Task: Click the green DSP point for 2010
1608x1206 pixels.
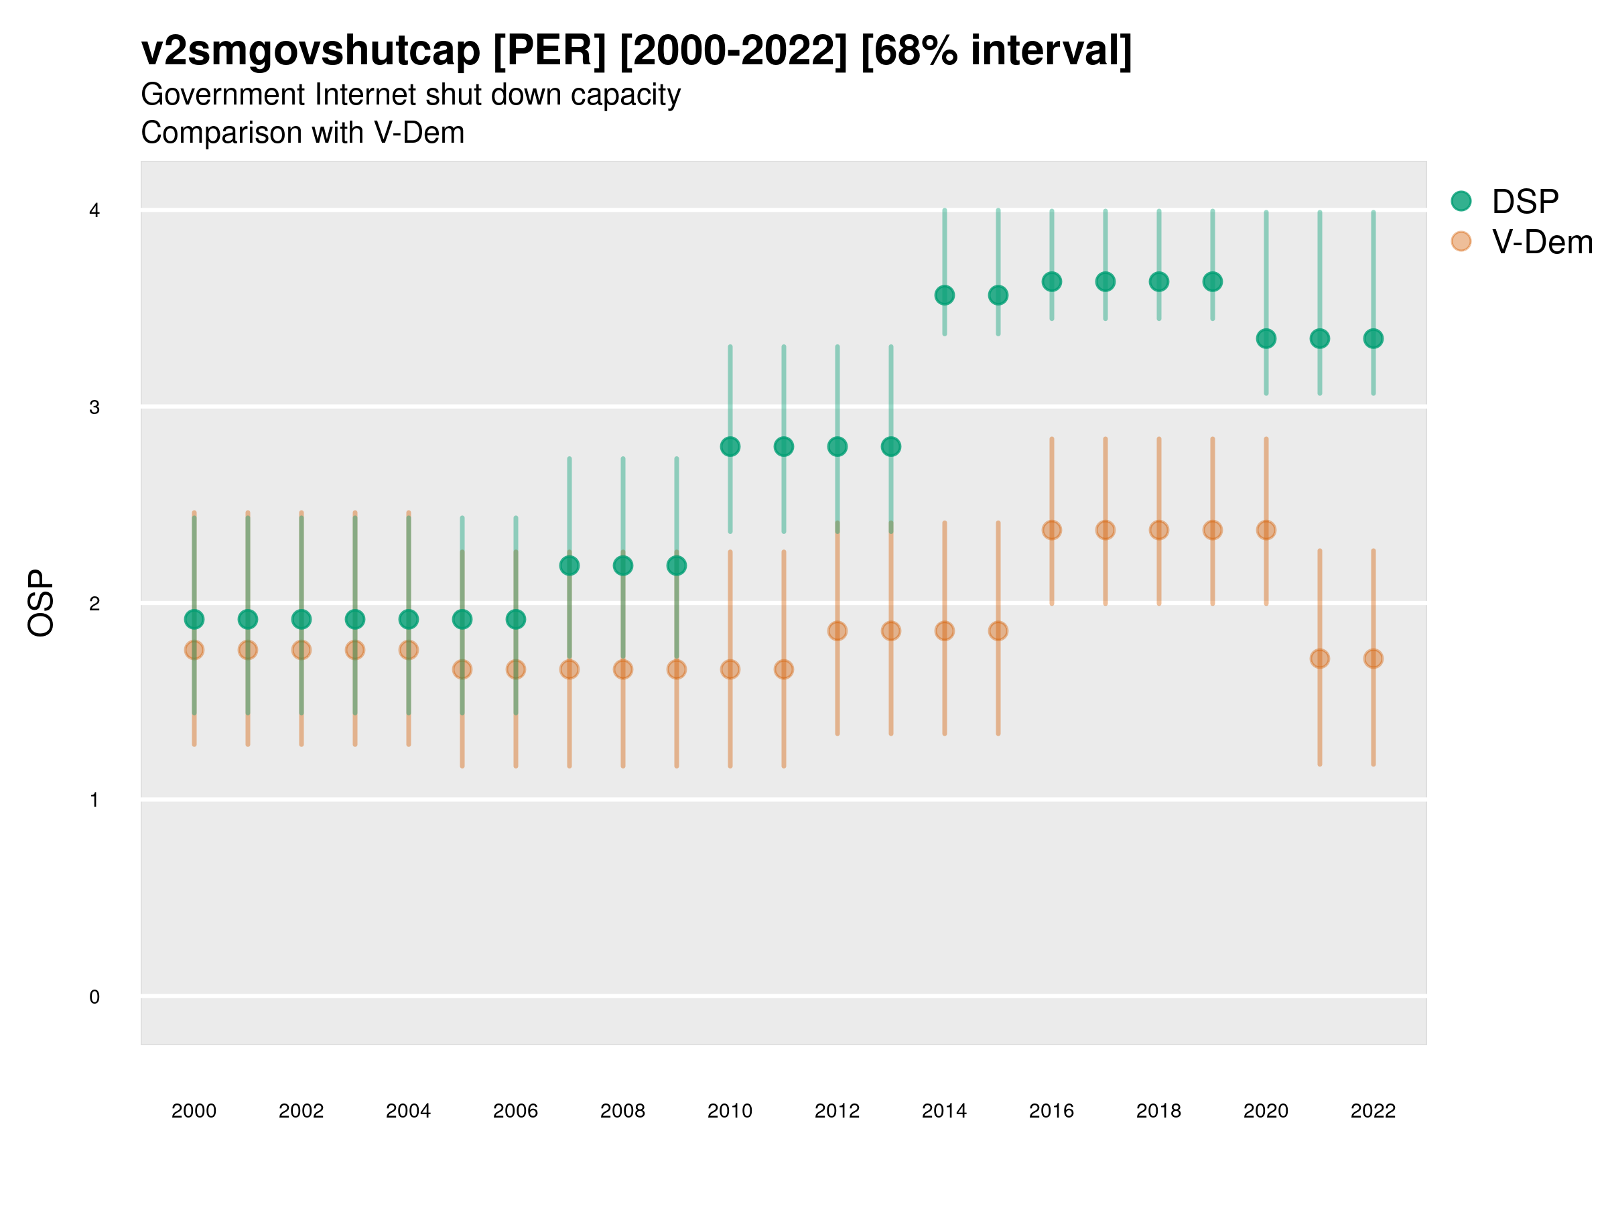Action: [x=730, y=446]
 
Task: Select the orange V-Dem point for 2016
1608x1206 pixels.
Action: [x=1052, y=530]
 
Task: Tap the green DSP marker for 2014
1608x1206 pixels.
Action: [x=944, y=295]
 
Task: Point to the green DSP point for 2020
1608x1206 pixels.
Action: [x=1266, y=339]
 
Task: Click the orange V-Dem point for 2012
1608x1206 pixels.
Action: [x=837, y=631]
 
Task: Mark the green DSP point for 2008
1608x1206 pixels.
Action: [x=623, y=565]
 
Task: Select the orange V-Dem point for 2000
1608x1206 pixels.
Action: [x=194, y=650]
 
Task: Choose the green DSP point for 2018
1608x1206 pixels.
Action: [x=1158, y=281]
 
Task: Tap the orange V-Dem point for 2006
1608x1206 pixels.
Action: [x=515, y=669]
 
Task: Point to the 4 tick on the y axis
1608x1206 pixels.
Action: [x=94, y=211]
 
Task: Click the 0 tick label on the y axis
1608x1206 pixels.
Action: [x=94, y=997]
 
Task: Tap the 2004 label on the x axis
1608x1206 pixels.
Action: [x=408, y=1112]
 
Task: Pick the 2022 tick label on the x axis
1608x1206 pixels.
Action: [x=1372, y=1112]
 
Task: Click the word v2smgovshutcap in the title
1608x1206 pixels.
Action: [x=310, y=51]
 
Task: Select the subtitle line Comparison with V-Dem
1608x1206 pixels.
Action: [x=302, y=133]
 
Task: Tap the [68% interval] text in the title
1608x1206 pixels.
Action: [x=996, y=51]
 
